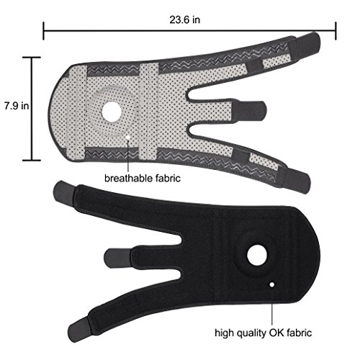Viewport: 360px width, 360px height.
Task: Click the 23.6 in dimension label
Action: pos(184,19)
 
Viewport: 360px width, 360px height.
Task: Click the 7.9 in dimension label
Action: pos(17,106)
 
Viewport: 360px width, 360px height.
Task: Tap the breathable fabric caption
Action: pos(143,179)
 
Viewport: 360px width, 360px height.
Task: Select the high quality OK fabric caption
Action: pos(264,333)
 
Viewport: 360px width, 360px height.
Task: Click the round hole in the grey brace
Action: pos(112,111)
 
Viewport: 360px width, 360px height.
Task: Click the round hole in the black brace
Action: pos(257,255)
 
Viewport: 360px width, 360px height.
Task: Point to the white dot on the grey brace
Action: pos(128,138)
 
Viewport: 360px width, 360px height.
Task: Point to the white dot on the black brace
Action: pos(272,284)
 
